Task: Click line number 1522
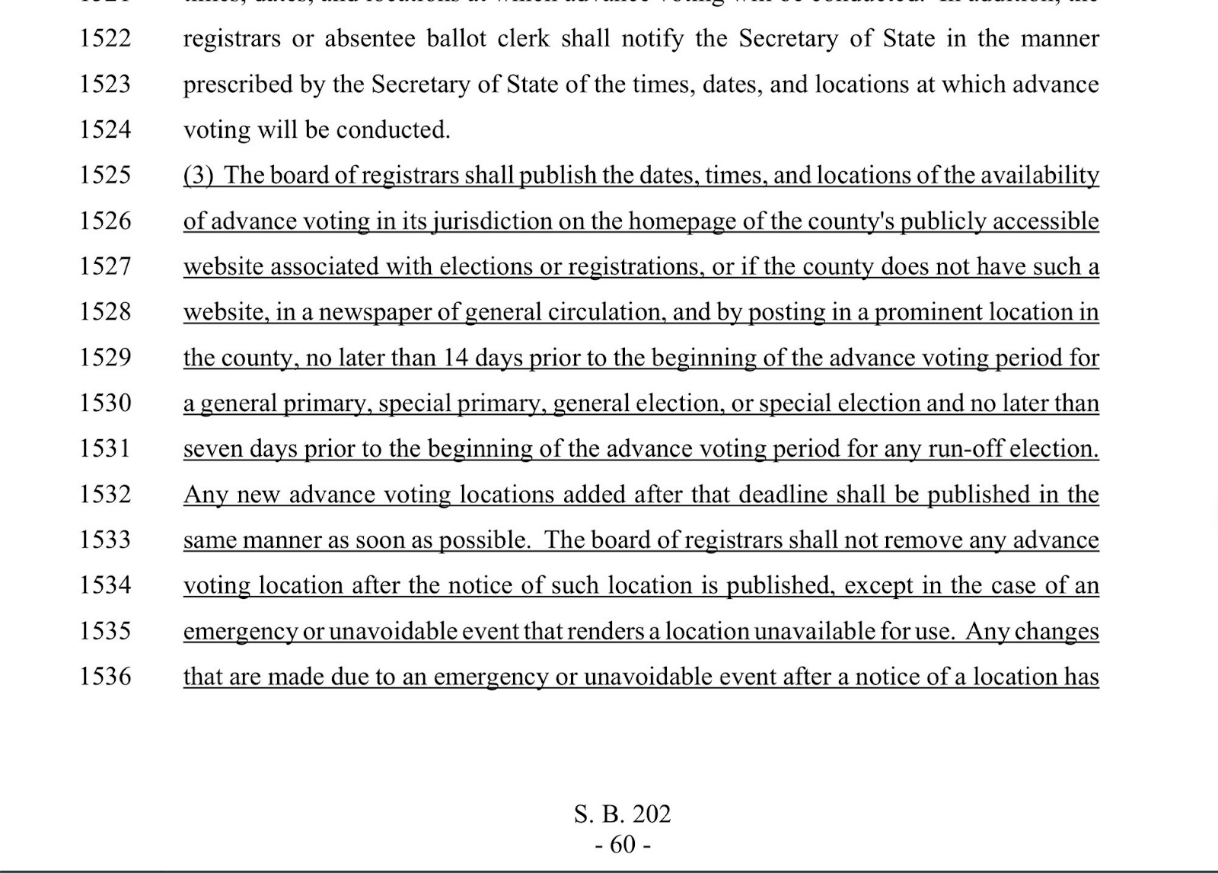[x=105, y=38]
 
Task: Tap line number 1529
[x=105, y=357]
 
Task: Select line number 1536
[x=105, y=676]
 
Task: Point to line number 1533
[x=105, y=540]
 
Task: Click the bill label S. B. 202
[x=622, y=814]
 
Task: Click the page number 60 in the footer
[x=622, y=844]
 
